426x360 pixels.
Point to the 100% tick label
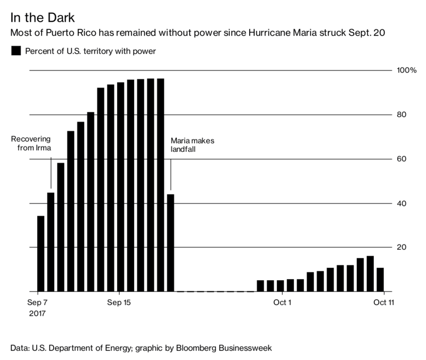pos(406,70)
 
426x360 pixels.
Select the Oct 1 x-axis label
pos(282,303)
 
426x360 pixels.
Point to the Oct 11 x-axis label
pos(383,303)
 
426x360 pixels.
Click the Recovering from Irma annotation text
pos(31,144)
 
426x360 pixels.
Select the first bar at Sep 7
pos(40,253)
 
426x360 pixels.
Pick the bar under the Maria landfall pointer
pos(170,243)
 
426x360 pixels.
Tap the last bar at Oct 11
pos(380,280)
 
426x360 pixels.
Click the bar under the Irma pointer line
pos(51,242)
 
